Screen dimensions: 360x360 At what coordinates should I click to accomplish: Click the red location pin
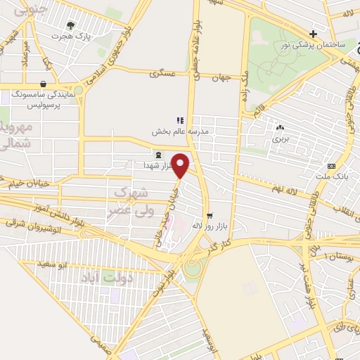181,165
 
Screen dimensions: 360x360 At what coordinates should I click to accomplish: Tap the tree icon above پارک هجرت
70,25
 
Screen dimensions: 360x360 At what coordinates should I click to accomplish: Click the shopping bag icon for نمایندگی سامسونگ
44,84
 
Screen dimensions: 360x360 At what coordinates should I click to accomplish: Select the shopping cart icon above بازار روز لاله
209,215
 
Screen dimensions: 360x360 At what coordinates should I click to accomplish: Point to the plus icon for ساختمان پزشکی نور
314,34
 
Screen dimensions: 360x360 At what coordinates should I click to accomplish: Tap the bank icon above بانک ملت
330,167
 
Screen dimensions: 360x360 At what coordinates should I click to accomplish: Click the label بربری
281,139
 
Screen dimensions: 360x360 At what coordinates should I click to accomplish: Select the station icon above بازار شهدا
157,154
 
